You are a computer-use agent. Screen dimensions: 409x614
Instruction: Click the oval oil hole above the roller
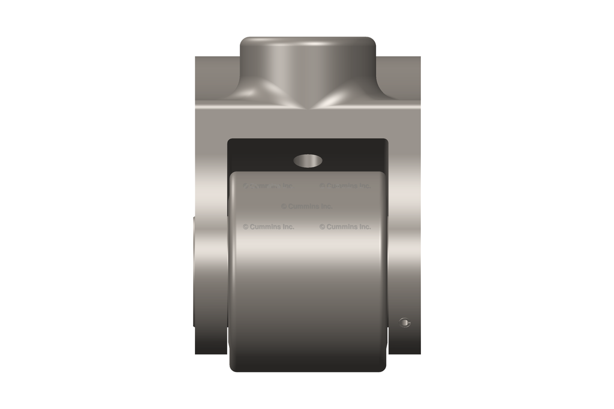(308, 160)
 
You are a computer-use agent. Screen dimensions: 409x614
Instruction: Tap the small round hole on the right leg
(406, 323)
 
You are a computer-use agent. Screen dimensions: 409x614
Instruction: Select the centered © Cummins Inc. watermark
(306, 206)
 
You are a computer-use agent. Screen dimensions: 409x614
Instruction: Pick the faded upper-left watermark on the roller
(267, 186)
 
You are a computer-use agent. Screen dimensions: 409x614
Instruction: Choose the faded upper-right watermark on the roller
(345, 186)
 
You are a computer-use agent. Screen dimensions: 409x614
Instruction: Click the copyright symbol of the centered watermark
(284, 206)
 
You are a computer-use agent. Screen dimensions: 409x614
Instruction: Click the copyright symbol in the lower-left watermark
(246, 227)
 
